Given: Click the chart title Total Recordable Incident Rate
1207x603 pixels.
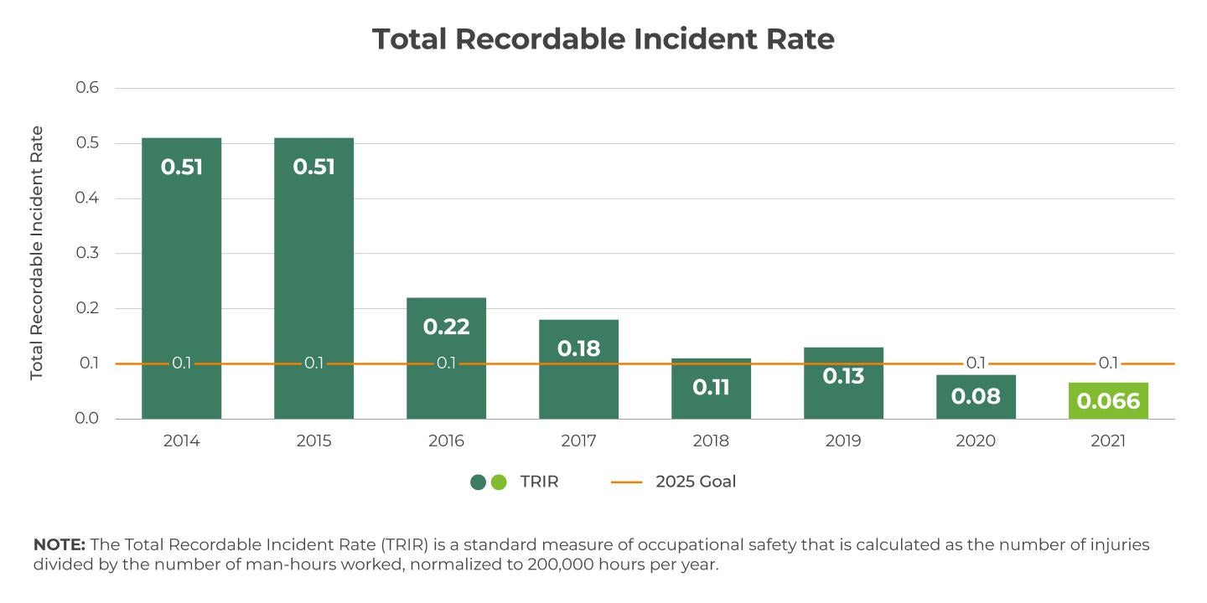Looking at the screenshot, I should pos(603,39).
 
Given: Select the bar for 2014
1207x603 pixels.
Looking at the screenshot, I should pos(181,276).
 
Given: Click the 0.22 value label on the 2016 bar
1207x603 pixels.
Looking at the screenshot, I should pos(446,327).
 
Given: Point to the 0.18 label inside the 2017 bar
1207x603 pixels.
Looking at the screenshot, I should pos(578,348).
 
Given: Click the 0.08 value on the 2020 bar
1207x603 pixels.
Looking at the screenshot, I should pos(976,396).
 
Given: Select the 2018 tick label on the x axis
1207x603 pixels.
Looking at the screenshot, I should pos(711,441).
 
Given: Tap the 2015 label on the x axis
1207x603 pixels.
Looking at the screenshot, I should pos(313,441).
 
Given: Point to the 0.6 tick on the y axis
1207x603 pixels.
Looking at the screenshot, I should pos(87,88).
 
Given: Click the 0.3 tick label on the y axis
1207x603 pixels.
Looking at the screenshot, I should pos(87,253).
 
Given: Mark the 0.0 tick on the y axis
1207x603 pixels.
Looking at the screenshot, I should pos(87,418).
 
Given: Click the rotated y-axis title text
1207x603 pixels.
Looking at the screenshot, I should pos(37,253).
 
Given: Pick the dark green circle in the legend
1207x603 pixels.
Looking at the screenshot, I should pos(479,482).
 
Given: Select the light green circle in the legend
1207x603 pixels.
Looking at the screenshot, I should pos(499,482).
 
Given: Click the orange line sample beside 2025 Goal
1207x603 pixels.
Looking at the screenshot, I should pos(626,482).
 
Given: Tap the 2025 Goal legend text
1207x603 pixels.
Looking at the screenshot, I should pos(696,482).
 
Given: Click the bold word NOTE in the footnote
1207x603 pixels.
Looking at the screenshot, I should pos(59,545).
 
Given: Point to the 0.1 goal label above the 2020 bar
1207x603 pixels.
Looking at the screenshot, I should pos(976,363).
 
